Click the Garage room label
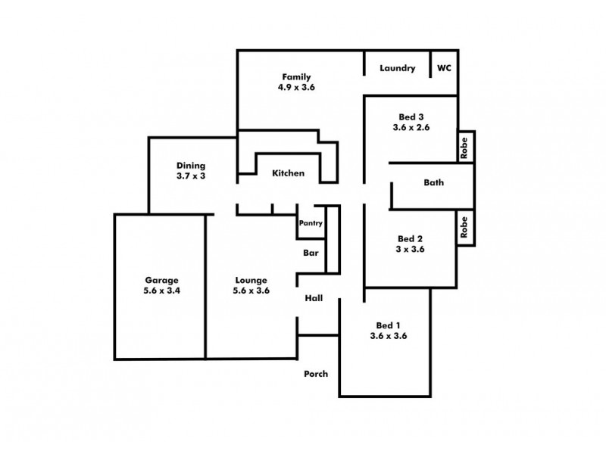[x=159, y=279]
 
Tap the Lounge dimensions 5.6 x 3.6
[x=251, y=291]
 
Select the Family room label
[x=296, y=77]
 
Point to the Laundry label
[x=398, y=68]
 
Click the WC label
[x=444, y=68]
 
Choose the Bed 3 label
[x=411, y=117]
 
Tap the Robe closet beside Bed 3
[x=465, y=146]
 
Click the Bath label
[x=434, y=182]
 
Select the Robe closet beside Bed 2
[x=465, y=227]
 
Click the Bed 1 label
[x=389, y=325]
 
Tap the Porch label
[x=316, y=374]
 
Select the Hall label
[x=314, y=298]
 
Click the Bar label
[x=311, y=253]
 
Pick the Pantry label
[x=311, y=223]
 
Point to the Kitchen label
[x=289, y=173]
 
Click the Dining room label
[x=191, y=166]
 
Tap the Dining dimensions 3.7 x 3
[x=191, y=176]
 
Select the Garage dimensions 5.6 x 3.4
[x=159, y=291]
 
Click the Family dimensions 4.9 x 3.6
[x=296, y=88]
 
